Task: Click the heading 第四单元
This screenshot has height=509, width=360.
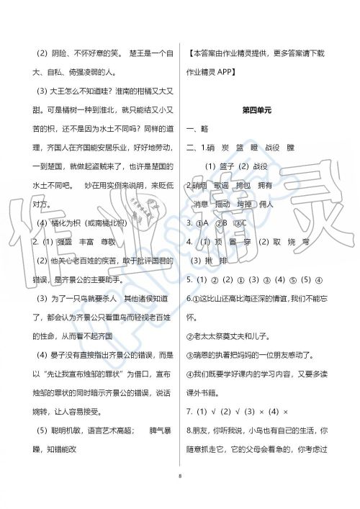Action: pyautogui.click(x=256, y=110)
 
